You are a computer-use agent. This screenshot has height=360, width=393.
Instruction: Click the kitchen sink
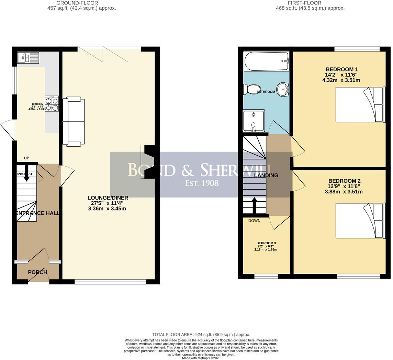click(x=28, y=58)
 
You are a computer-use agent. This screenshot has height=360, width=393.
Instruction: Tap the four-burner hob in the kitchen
click(x=52, y=103)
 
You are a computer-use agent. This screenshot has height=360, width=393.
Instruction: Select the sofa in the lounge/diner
click(x=74, y=122)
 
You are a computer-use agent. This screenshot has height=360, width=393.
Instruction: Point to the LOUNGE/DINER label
click(x=108, y=198)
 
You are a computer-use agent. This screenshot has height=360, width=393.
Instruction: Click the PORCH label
click(x=37, y=272)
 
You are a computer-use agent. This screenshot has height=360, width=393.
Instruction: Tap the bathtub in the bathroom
click(x=266, y=61)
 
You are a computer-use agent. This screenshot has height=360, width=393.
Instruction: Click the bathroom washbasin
click(x=283, y=90)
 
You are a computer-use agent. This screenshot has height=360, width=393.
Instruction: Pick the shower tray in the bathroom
click(x=254, y=121)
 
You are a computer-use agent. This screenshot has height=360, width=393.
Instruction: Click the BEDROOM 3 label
click(x=266, y=243)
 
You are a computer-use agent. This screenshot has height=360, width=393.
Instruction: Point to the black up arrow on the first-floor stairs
click(x=254, y=205)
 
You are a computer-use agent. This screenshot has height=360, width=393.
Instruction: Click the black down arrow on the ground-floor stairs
click(x=26, y=176)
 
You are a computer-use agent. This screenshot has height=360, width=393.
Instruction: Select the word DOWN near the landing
click(x=254, y=221)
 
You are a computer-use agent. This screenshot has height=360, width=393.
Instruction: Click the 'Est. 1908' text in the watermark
click(x=202, y=183)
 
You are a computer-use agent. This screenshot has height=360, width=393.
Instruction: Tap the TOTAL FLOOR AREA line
click(x=201, y=335)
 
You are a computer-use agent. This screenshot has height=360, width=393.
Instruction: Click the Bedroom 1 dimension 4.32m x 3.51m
click(x=341, y=80)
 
